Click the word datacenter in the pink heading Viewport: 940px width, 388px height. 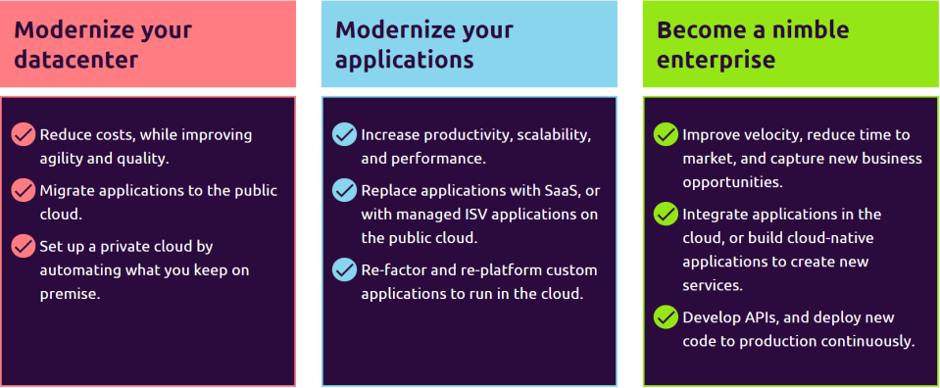75,60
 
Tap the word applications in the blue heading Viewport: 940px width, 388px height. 405,60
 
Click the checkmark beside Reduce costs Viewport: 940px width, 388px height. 23,135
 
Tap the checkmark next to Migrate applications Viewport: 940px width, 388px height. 23,190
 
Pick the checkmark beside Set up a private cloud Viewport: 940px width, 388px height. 23,246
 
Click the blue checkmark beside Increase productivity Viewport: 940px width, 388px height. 344,135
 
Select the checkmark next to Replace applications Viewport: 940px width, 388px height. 344,190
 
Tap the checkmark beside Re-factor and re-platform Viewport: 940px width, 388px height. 344,269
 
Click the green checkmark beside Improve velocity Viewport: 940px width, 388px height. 666,135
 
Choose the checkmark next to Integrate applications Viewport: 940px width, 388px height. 666,215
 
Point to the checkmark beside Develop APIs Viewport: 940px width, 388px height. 666,317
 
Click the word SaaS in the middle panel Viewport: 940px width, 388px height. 560,191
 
